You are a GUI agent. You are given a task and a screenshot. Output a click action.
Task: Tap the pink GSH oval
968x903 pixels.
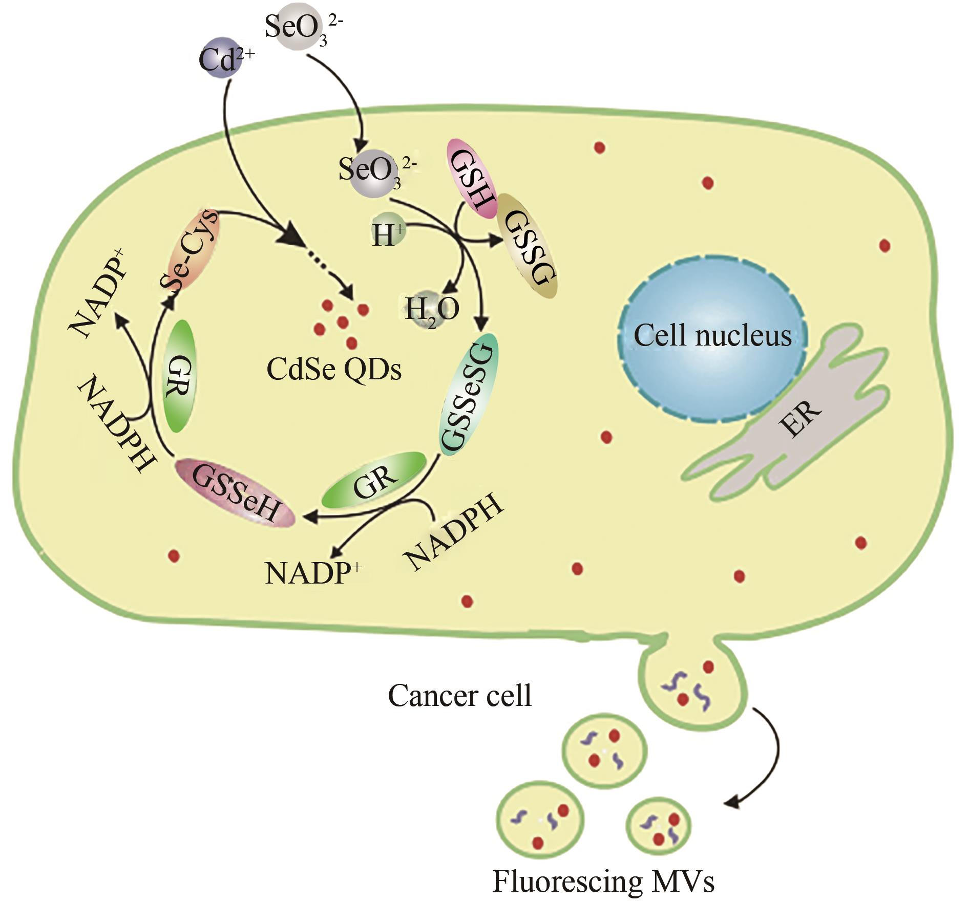(x=472, y=179)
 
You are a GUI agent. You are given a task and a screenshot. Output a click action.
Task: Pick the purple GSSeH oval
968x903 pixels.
(x=235, y=492)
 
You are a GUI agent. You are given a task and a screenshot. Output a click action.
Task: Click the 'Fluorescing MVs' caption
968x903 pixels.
(x=603, y=880)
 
